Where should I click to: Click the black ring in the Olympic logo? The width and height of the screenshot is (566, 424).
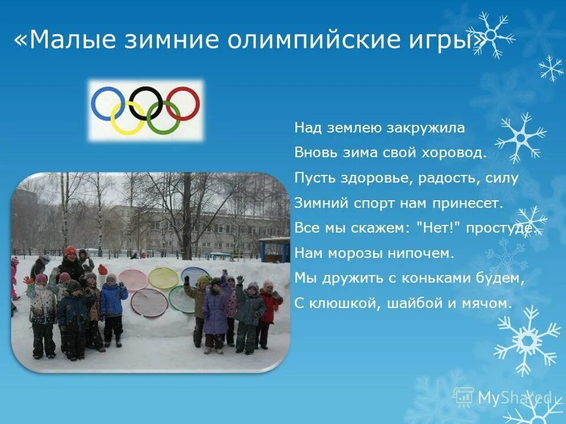coord(146,101)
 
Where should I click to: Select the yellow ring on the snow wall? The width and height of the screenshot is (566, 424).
coord(163,277)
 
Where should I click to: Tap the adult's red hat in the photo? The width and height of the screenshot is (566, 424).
coord(71,251)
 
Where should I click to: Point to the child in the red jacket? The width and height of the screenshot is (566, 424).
coord(269,306)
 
